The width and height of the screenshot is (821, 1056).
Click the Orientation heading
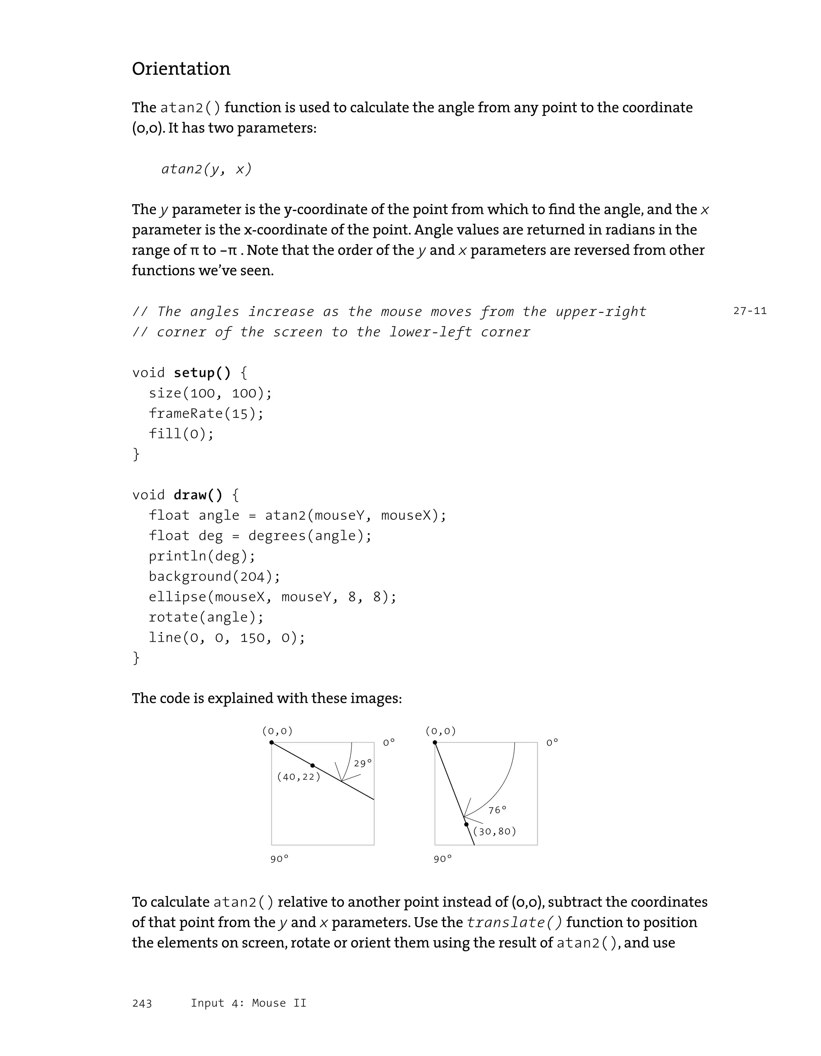coord(181,69)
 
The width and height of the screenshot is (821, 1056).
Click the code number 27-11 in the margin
coord(750,311)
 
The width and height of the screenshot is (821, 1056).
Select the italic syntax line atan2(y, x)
coord(206,169)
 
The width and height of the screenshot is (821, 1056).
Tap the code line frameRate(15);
coord(206,413)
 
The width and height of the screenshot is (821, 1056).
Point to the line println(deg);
coord(202,556)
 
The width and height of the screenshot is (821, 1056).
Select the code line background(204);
coord(214,576)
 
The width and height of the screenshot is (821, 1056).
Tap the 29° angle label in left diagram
coord(362,764)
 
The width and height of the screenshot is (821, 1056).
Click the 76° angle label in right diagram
coord(497,810)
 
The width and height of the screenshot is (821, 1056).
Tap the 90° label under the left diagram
coord(279,859)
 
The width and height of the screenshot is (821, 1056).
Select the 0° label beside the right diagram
coord(552,743)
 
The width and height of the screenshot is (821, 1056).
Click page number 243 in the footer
coord(142,1003)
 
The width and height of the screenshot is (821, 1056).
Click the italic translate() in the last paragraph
coord(515,922)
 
